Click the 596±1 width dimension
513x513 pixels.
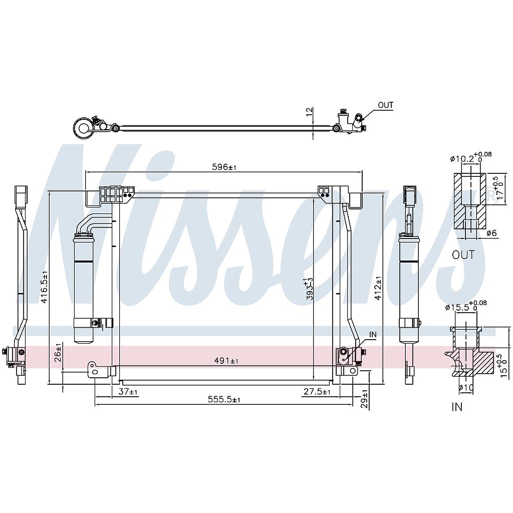[224, 167]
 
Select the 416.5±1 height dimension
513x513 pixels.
[44, 287]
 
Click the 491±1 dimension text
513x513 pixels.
[226, 361]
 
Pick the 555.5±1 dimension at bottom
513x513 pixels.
[224, 399]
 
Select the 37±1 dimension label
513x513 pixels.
[128, 391]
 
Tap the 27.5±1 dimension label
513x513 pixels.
[317, 391]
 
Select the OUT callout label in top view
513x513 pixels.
[385, 105]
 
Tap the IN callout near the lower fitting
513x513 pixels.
[372, 334]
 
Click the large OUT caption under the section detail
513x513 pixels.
[463, 255]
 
